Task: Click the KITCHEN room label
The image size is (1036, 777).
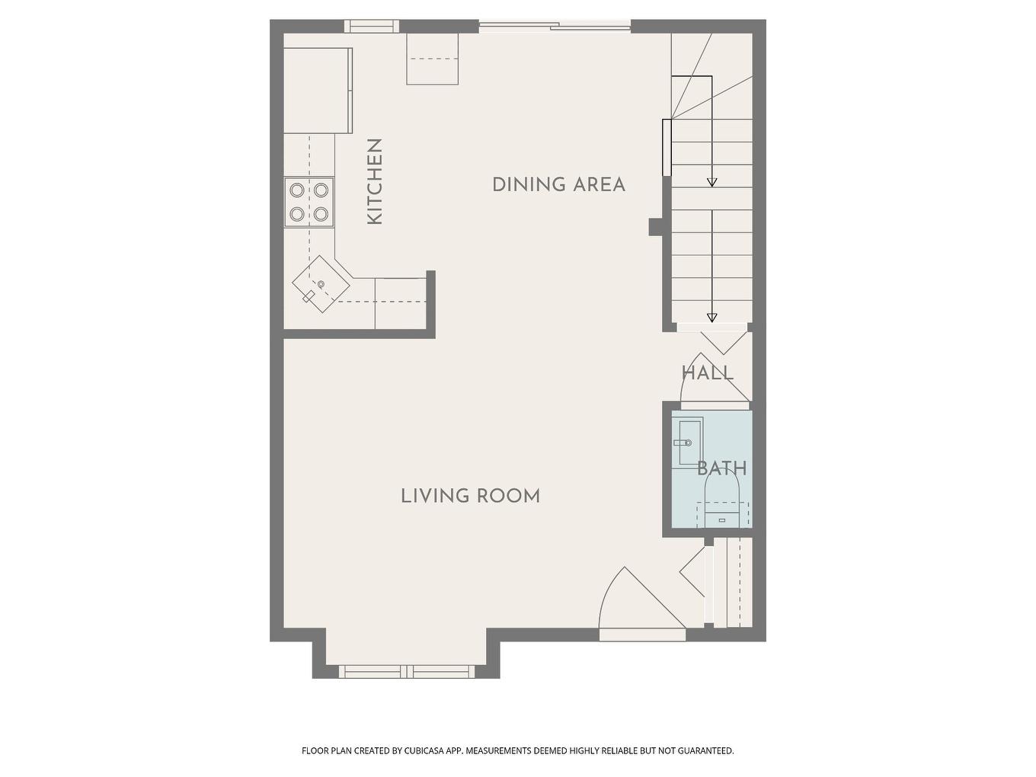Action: click(374, 181)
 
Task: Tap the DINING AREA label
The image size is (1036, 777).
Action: click(558, 184)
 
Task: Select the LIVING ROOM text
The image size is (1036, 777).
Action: click(470, 496)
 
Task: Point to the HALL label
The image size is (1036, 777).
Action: click(707, 373)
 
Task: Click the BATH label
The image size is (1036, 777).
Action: click(721, 468)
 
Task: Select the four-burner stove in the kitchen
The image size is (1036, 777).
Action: click(309, 203)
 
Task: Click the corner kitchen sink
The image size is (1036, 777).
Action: click(321, 284)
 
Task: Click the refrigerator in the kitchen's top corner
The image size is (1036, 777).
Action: click(318, 91)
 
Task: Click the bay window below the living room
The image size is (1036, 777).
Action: click(406, 671)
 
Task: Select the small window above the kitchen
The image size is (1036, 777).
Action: click(372, 26)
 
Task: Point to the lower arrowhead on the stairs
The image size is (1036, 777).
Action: click(712, 318)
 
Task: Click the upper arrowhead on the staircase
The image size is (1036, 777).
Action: click(712, 182)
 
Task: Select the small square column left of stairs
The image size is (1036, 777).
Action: click(654, 227)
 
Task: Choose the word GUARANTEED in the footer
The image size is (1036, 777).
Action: click(702, 751)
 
